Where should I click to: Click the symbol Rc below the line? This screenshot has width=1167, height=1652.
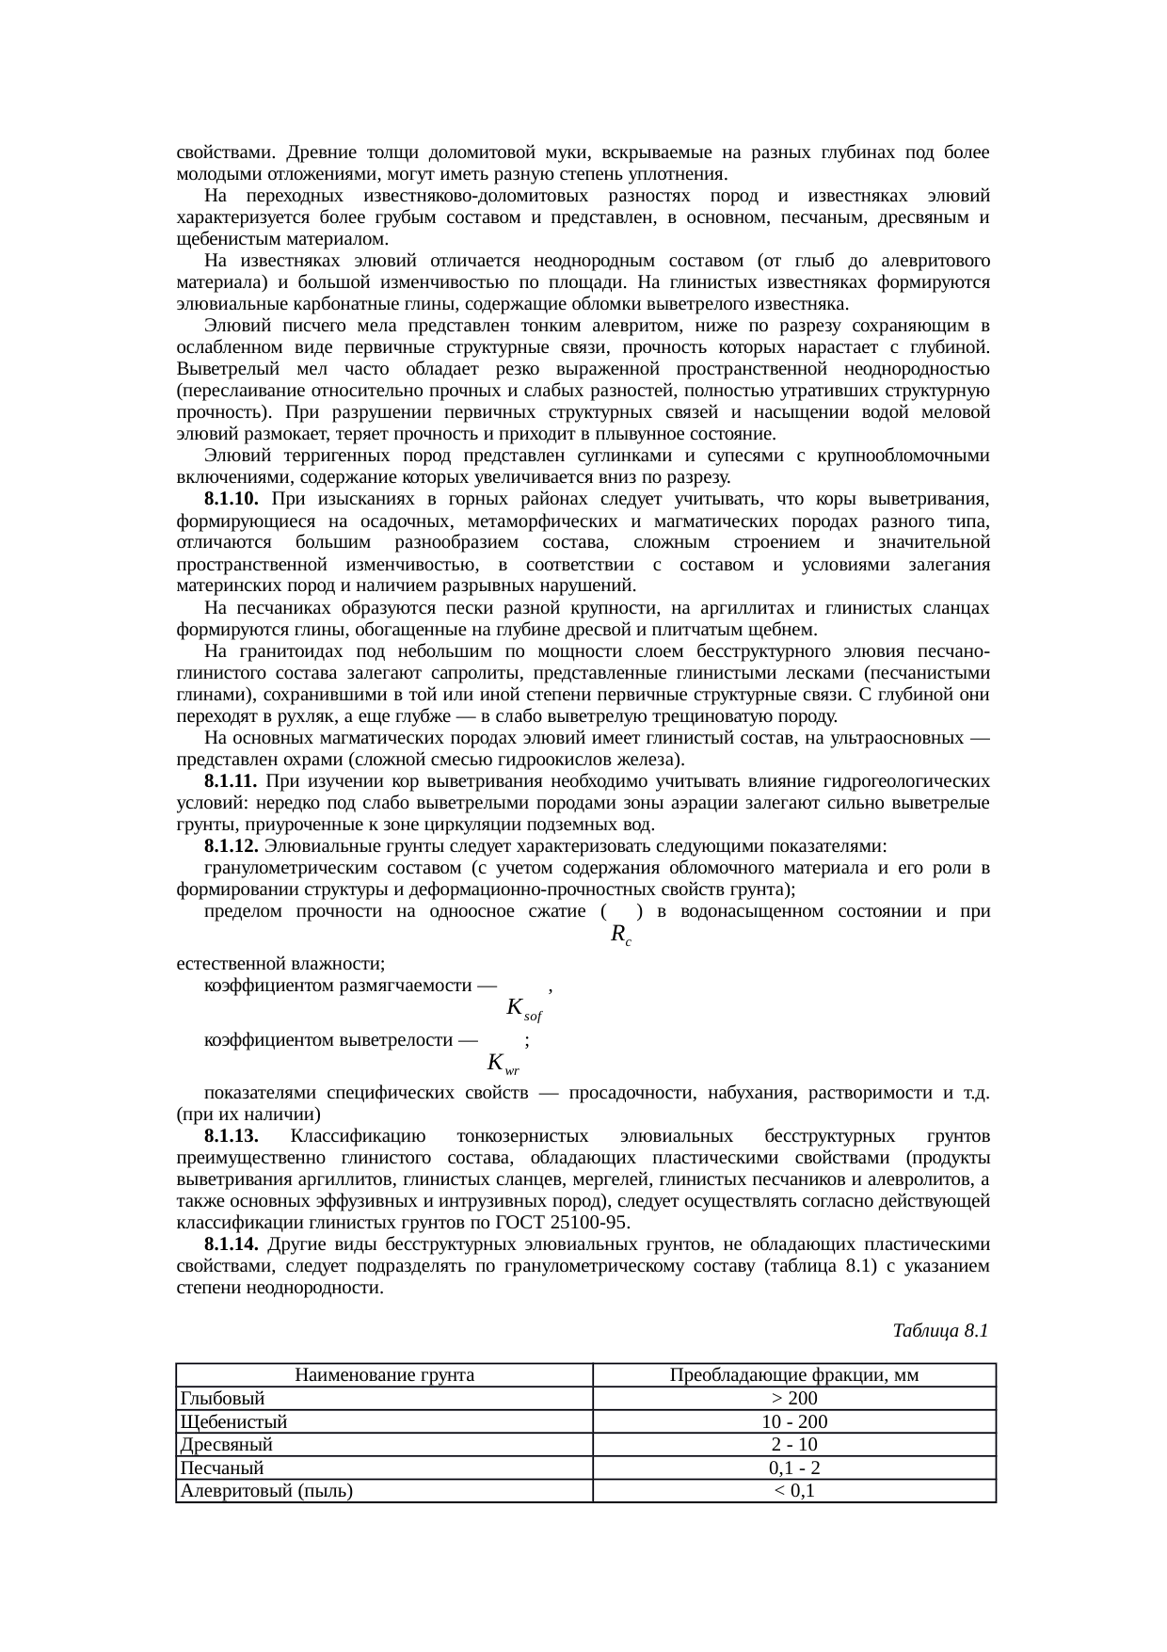pyautogui.click(x=620, y=935)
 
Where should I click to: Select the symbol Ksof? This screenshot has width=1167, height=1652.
pyautogui.click(x=524, y=1009)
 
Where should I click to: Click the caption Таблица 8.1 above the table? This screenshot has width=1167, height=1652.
pyautogui.click(x=939, y=1331)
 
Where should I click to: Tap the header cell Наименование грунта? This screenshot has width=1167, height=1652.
pyautogui.click(x=384, y=1375)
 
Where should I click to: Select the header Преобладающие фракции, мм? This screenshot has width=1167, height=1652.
pyautogui.click(x=793, y=1375)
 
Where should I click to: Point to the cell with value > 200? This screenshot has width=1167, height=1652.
pyautogui.click(x=793, y=1399)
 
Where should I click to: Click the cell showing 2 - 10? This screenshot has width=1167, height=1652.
pyautogui.click(x=793, y=1445)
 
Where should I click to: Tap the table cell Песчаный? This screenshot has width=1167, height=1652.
pyautogui.click(x=222, y=1468)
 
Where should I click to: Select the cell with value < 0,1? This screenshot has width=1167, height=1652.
pyautogui.click(x=793, y=1491)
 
